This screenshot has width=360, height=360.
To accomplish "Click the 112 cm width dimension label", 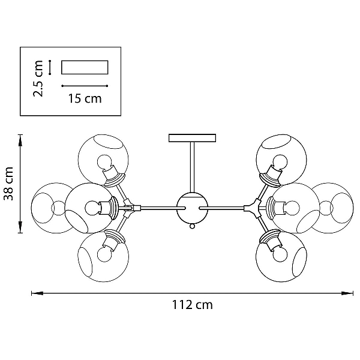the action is click(x=193, y=305).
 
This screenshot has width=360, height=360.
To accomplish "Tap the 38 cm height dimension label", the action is click(x=9, y=184).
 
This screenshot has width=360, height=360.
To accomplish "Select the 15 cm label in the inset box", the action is click(x=85, y=98).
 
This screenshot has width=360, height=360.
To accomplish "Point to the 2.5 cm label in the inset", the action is click(x=38, y=79).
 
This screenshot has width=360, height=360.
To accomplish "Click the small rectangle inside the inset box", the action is click(x=85, y=67).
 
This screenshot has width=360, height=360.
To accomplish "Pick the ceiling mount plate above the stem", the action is click(x=192, y=138).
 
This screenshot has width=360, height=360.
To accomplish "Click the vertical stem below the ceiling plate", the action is click(x=193, y=167).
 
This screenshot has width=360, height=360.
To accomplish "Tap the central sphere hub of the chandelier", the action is click(x=193, y=208).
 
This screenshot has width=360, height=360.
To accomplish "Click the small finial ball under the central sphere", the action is click(x=193, y=226).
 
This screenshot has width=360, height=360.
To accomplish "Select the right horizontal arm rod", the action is click(x=222, y=208).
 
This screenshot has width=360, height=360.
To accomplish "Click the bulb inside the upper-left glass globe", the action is click(x=104, y=163).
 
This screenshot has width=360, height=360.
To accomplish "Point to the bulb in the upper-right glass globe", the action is click(x=280, y=162).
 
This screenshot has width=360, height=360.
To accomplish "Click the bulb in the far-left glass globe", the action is click(x=59, y=208).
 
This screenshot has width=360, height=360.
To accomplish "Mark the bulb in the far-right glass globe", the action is click(x=326, y=208).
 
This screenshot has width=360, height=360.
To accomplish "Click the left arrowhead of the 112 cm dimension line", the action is click(x=37, y=293).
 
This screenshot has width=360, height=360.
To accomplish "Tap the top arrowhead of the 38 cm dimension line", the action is click(x=20, y=140).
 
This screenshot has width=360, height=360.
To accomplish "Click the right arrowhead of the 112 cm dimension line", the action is click(x=347, y=293).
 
